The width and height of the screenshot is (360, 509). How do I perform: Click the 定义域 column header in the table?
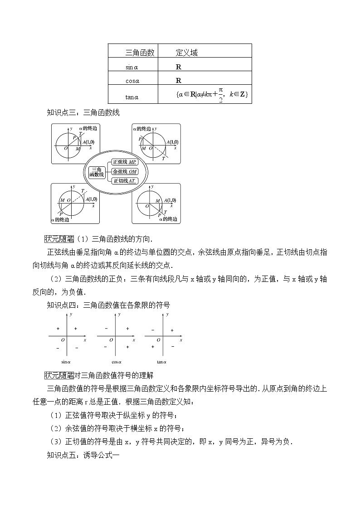[x=186, y=53]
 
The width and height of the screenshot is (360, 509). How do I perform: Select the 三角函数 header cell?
[x=140, y=53]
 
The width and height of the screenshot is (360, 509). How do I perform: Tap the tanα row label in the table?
[x=132, y=96]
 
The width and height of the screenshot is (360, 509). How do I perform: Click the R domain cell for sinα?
[x=179, y=67]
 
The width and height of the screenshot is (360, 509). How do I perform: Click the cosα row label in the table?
[x=132, y=81]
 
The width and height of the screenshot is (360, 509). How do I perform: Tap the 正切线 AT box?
[x=124, y=180]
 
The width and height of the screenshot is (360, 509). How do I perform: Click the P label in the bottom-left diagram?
[x=60, y=214]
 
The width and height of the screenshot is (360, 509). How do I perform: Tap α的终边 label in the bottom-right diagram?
[x=167, y=219]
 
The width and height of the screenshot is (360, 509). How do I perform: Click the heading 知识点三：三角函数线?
[x=83, y=113]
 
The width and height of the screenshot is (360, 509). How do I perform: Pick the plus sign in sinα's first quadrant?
[x=75, y=328]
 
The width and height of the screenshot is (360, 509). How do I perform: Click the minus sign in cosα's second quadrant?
[x=106, y=328]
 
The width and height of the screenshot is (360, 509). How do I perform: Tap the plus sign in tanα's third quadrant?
[x=153, y=347]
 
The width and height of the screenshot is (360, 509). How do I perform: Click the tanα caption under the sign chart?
[x=161, y=362]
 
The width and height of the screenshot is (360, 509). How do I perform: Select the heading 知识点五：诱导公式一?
[x=83, y=454]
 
